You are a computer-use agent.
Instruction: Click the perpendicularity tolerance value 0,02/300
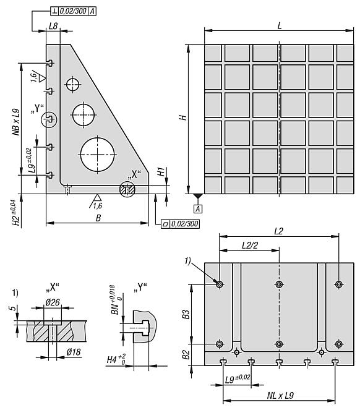click(73, 11)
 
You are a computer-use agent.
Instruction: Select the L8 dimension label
click(53, 26)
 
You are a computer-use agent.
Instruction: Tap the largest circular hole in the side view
click(98, 155)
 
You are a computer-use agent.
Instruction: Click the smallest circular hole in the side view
click(72, 85)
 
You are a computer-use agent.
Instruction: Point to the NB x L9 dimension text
click(16, 122)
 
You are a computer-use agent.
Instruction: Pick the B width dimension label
click(98, 218)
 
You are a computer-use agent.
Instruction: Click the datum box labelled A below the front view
click(198, 209)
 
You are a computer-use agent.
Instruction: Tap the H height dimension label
click(183, 117)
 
